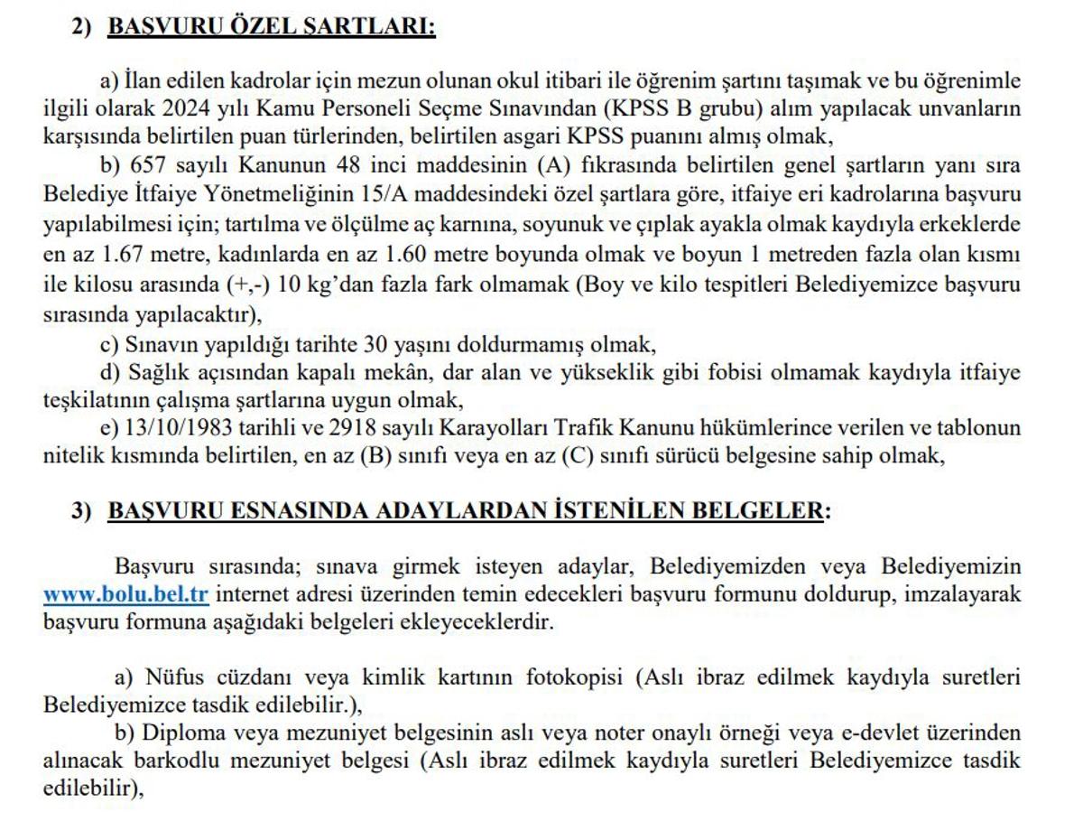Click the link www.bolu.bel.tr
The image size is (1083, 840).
(x=126, y=594)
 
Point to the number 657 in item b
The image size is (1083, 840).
(x=150, y=165)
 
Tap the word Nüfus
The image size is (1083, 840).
(x=171, y=677)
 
